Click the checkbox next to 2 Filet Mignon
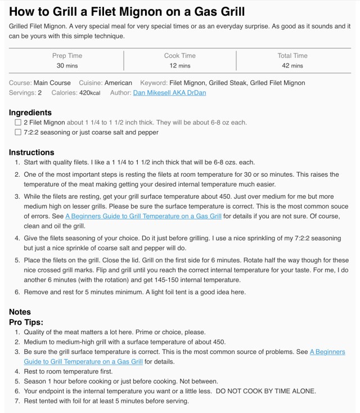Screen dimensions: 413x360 click(x=18, y=123)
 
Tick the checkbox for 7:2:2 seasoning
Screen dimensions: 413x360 click(x=18, y=133)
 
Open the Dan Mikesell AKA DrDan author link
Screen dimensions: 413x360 click(x=169, y=93)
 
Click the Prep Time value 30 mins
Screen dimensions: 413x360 click(x=67, y=66)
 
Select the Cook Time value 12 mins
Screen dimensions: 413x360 click(x=180, y=66)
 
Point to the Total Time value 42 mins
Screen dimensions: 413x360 click(x=292, y=66)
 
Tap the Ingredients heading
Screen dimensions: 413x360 click(x=30, y=113)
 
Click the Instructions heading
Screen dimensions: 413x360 click(x=31, y=152)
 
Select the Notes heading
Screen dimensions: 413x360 click(x=20, y=312)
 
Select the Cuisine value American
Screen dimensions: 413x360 click(x=119, y=83)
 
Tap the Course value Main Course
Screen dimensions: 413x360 click(x=52, y=83)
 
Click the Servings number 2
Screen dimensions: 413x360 click(x=40, y=93)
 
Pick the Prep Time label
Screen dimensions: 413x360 click(x=67, y=56)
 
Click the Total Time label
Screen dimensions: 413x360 click(x=292, y=56)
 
